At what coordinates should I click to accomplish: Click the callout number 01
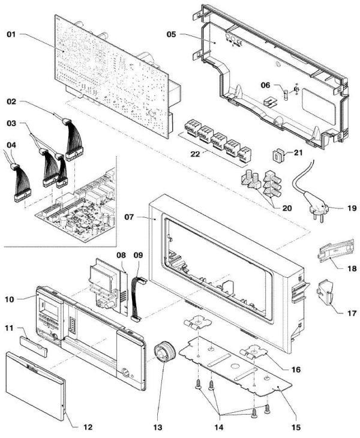(11, 34)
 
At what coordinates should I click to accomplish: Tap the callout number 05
(171, 34)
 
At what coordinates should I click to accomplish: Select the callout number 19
(352, 209)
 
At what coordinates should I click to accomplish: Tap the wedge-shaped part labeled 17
(328, 292)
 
